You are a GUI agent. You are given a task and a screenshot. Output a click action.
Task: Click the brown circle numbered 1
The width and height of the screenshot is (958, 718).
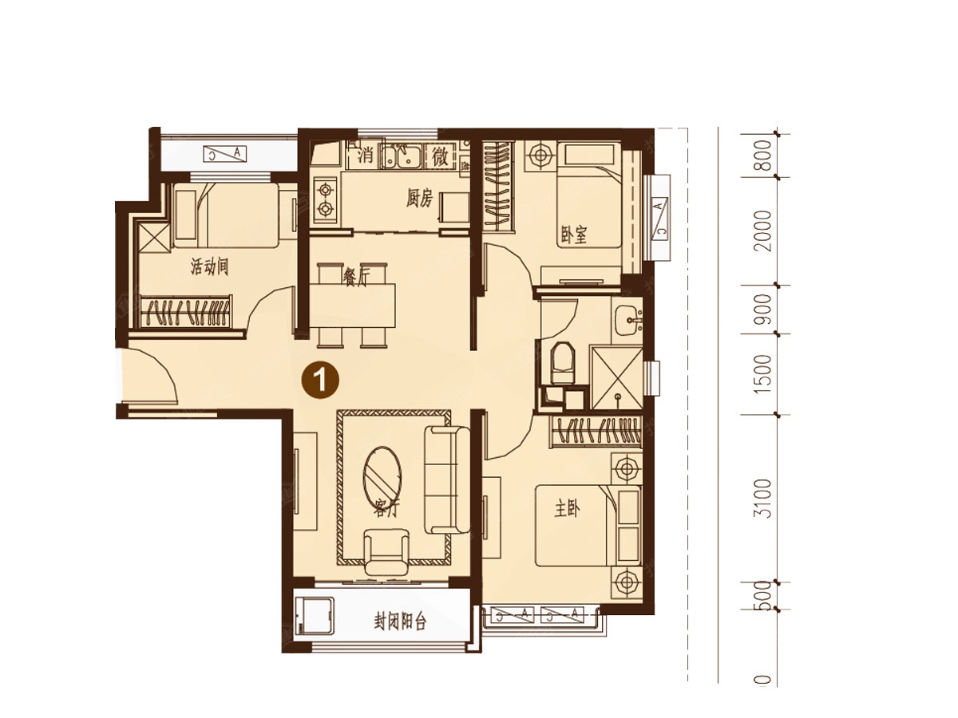pos(321,381)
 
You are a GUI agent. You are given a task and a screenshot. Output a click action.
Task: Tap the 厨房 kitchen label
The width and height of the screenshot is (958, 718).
pos(419,199)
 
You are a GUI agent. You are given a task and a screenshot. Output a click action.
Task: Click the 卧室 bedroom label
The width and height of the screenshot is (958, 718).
pos(574,235)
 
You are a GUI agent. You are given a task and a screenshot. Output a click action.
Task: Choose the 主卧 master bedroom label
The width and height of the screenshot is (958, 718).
pos(567,509)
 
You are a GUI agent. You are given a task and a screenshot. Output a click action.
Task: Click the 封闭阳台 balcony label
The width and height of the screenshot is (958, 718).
pos(400,622)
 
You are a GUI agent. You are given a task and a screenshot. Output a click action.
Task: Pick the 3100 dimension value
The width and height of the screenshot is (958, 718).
pos(763,499)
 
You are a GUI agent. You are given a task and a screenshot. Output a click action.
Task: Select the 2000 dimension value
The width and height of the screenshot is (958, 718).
pos(763,231)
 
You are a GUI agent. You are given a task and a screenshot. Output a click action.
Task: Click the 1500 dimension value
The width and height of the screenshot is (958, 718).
pos(763,374)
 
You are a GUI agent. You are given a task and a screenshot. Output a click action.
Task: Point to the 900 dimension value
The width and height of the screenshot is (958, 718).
pos(763,309)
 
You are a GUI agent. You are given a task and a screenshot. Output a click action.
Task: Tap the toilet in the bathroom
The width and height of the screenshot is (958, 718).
pos(562,363)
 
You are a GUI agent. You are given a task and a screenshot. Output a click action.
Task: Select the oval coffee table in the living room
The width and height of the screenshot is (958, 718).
pos(382,476)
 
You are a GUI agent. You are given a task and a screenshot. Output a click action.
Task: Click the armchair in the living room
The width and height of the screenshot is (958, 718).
pos(386,552)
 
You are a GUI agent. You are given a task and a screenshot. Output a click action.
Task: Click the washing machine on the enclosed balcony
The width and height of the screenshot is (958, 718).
pos(314,617)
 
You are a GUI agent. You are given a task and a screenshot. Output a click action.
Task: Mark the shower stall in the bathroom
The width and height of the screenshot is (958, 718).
pos(616,377)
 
